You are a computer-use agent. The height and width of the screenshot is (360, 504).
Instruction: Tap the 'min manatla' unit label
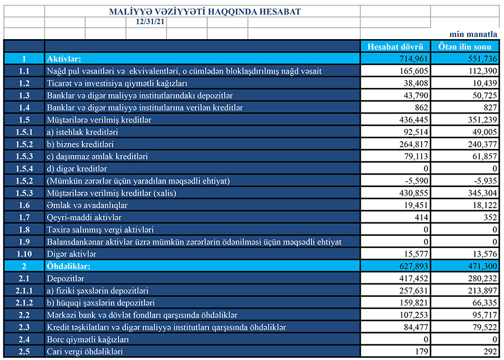(473, 34)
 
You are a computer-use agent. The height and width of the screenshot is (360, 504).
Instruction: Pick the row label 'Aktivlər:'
(64, 58)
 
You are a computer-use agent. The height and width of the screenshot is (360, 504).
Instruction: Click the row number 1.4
(24, 107)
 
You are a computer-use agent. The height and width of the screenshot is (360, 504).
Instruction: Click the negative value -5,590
(415, 180)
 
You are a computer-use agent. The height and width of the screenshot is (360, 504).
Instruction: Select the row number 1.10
(24, 254)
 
